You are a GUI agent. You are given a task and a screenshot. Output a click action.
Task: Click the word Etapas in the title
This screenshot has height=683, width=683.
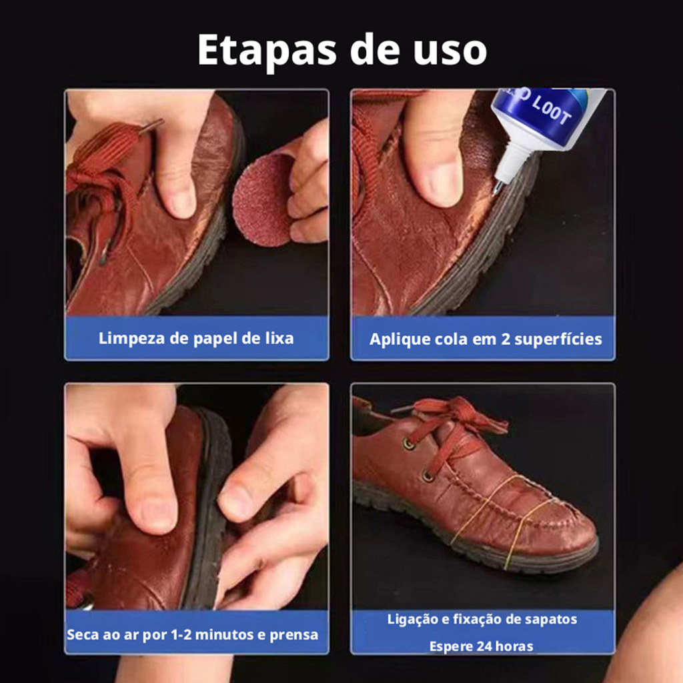point(267,51)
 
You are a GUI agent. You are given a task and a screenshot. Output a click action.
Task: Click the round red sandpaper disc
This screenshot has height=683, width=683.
point(263,199)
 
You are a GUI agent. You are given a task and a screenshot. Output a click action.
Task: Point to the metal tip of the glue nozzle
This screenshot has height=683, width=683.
point(497,187)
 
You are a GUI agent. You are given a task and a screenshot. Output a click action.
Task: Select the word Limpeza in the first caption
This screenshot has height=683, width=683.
point(131,339)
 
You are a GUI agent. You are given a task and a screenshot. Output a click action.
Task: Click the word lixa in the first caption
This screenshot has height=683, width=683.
point(279,338)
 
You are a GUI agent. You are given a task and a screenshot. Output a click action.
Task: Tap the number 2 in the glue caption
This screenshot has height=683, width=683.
point(506,339)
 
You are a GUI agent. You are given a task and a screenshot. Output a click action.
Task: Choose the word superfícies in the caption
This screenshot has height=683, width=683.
point(558,339)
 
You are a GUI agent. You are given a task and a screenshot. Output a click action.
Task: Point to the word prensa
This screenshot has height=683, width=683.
point(294,635)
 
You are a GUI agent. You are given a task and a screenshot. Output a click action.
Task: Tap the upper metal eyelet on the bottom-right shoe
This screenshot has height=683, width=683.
point(409,444)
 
